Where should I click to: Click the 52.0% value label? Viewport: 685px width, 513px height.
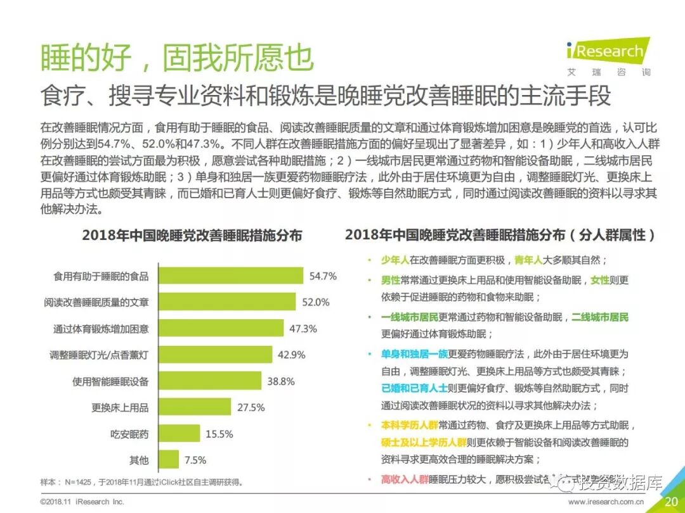315,302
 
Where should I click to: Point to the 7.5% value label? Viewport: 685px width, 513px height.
195,460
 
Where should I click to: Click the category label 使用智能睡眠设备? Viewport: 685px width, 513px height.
110,381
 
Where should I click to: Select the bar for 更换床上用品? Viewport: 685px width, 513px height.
193,407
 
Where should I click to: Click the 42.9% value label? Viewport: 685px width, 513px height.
292,355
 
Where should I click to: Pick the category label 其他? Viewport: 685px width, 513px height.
138,460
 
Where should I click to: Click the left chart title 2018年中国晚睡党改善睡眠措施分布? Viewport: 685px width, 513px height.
192,236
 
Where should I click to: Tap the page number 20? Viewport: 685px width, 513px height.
671,502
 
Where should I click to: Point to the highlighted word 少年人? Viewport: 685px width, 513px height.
395,260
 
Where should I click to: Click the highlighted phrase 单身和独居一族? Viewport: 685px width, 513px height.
414,353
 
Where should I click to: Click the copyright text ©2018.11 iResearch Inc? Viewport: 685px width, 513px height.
82,502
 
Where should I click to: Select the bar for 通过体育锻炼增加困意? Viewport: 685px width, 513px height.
221,329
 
